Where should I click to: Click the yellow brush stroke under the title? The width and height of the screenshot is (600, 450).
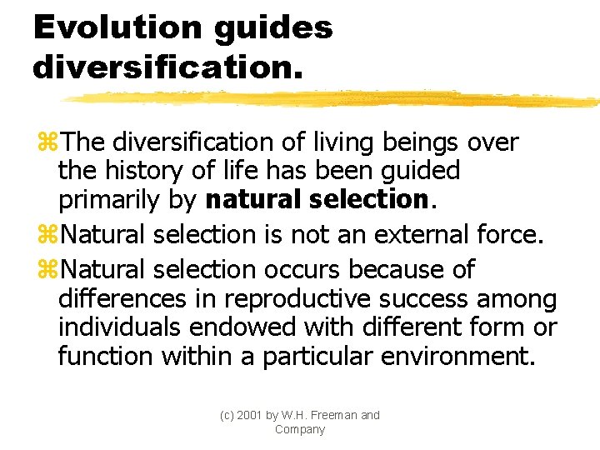(x=333, y=99)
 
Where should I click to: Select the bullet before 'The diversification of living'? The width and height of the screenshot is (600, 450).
(x=47, y=142)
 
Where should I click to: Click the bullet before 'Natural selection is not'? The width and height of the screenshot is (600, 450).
(x=47, y=236)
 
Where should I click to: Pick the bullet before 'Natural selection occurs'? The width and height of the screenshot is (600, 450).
(x=47, y=270)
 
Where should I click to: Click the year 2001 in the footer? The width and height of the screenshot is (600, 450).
(x=247, y=415)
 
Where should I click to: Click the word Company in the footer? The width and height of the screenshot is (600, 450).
(x=299, y=430)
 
